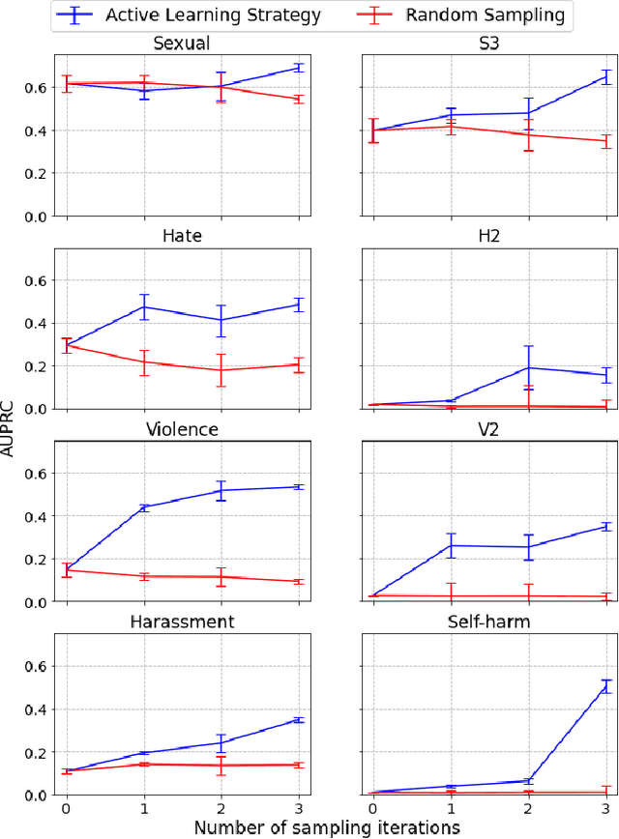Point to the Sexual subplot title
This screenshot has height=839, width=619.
coord(182,43)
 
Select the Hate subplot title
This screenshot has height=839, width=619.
coord(182,236)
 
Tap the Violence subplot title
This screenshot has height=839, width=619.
coord(182,429)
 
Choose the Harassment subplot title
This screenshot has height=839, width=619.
coord(182,622)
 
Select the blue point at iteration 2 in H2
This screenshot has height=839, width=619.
coord(529,367)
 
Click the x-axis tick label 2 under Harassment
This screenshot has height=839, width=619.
coord(221,806)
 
